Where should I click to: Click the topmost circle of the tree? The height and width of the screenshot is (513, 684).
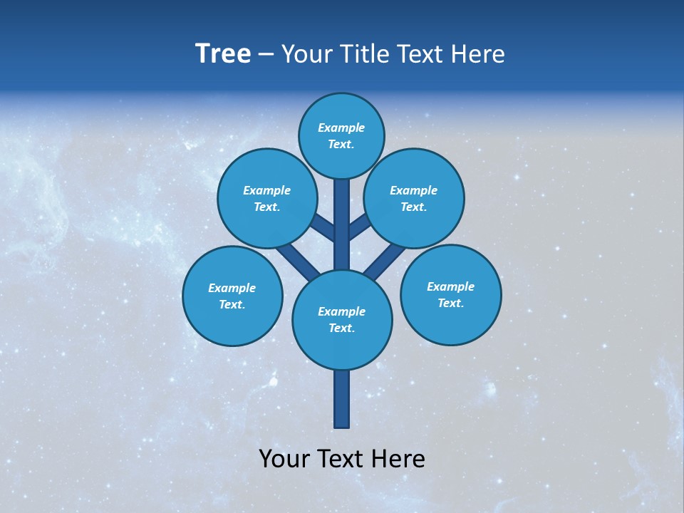point(341,135)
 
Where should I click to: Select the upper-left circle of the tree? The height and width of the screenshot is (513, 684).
point(267,198)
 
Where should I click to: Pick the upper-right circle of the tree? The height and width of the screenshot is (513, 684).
point(414,198)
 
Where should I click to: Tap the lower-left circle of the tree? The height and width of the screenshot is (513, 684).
point(232,296)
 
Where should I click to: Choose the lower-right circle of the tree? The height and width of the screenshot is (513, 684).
point(450,294)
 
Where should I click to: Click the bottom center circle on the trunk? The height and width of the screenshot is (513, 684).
point(342,320)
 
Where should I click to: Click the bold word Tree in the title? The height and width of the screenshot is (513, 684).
point(223,53)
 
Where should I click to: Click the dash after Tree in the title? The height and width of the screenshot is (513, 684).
point(266,54)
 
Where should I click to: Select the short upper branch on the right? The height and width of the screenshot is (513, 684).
point(359,228)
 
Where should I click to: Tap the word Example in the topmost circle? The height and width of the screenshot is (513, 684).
point(341,128)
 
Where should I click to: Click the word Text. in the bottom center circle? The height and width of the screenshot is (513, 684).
point(341,328)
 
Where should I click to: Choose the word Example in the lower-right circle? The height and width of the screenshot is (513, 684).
point(450,286)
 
